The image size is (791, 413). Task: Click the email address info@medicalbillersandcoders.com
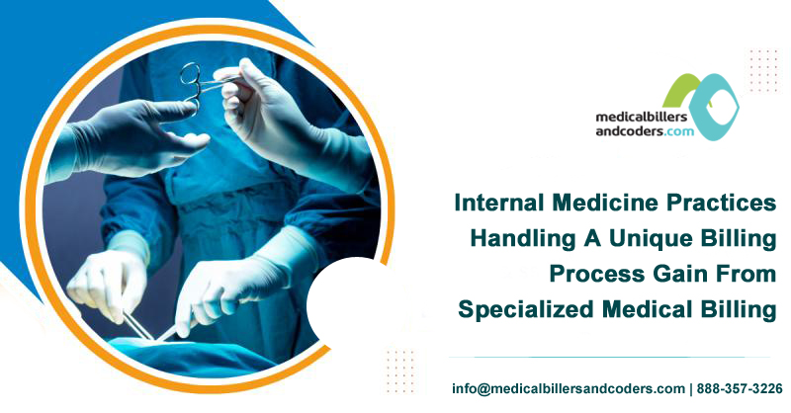[568, 388]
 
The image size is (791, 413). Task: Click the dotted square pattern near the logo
[762, 69]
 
